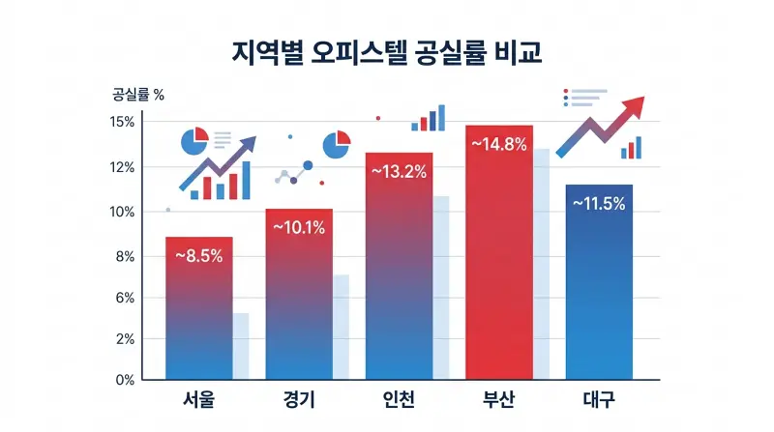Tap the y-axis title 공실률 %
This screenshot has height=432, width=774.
tap(138, 95)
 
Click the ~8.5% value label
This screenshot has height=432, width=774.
tap(199, 256)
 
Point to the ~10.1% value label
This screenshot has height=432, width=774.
tap(299, 228)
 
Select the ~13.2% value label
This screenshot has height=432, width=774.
tap(399, 172)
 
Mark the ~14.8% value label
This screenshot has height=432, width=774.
tap(498, 144)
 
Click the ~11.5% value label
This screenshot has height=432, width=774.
tap(599, 204)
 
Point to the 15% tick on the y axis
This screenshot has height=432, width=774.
tap(122, 122)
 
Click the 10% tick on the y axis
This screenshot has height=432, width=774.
tap(122, 212)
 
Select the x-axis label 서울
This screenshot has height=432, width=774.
tap(199, 401)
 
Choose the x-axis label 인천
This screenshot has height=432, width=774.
tap(399, 401)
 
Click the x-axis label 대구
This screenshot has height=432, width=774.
tap(599, 401)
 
